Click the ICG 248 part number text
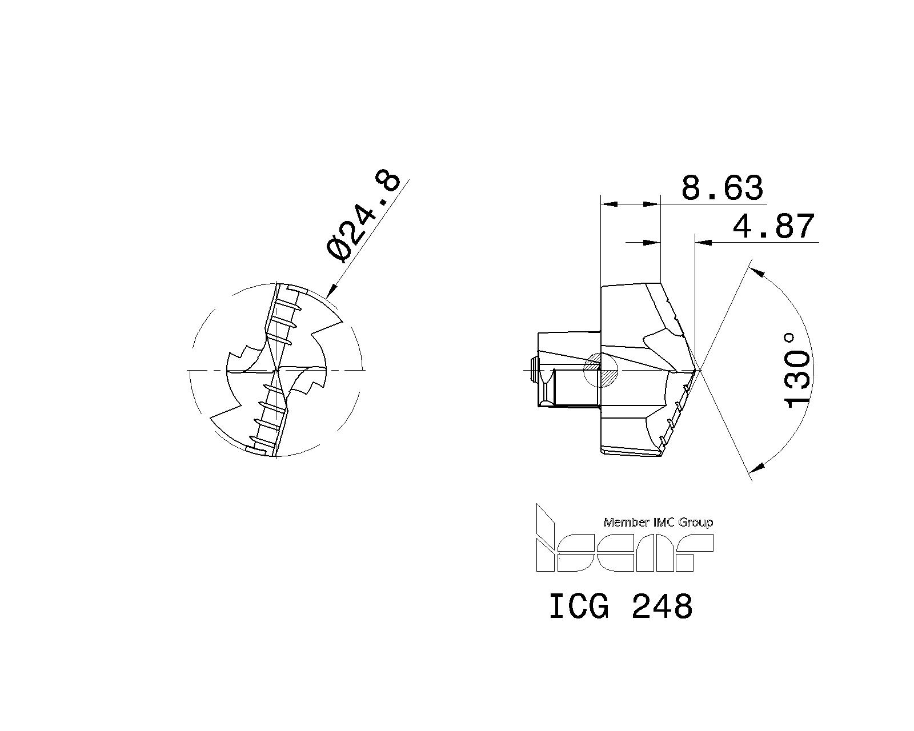click(620, 607)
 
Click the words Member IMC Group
click(658, 522)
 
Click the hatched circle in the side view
click(600, 371)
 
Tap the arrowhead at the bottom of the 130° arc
click(757, 468)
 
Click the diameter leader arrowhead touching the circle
click(331, 293)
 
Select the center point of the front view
click(276, 371)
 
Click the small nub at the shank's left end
click(534, 369)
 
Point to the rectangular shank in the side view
click(568, 369)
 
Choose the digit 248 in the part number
click(662, 607)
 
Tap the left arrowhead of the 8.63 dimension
click(610, 203)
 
